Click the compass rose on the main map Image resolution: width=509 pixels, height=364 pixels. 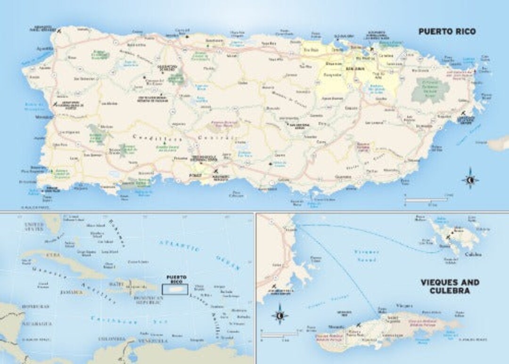pos(470,179)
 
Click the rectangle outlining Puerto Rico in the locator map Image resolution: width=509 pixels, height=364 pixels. pos(175,289)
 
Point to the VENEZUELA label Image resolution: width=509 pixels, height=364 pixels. pos(153,340)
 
